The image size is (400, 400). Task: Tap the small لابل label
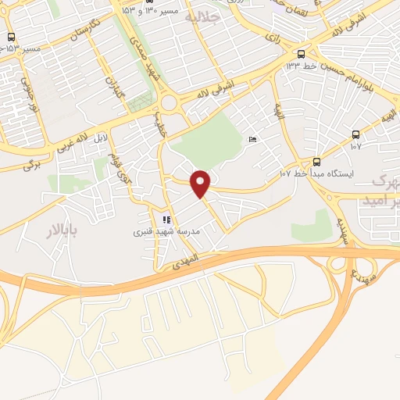[99, 139]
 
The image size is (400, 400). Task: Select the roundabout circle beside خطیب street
[169, 102]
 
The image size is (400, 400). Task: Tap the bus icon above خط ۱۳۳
[301, 53]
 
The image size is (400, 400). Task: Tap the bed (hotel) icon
[252, 138]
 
